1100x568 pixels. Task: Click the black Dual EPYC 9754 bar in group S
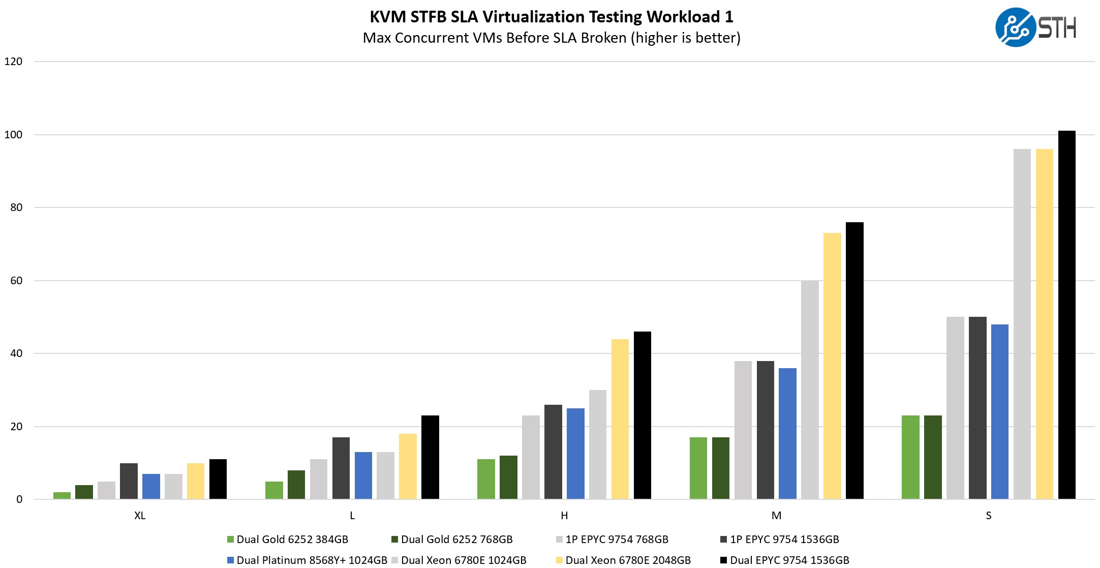click(1066, 315)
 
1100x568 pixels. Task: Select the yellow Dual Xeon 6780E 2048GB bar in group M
click(832, 366)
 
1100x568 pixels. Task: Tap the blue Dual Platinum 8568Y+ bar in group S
click(999, 412)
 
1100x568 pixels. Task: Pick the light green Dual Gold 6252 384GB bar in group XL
click(62, 496)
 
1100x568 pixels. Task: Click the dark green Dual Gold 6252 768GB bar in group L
click(296, 485)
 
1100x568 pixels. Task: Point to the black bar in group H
click(642, 415)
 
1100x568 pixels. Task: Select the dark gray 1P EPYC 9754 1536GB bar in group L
click(341, 468)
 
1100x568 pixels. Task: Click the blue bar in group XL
click(151, 487)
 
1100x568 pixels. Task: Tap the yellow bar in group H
click(620, 419)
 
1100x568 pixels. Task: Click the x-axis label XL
click(140, 516)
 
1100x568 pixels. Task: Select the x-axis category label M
click(776, 516)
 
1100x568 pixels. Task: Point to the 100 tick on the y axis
click(14, 135)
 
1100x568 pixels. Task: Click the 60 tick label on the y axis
click(16, 281)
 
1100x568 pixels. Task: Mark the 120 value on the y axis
click(14, 62)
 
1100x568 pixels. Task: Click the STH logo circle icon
click(1015, 27)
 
